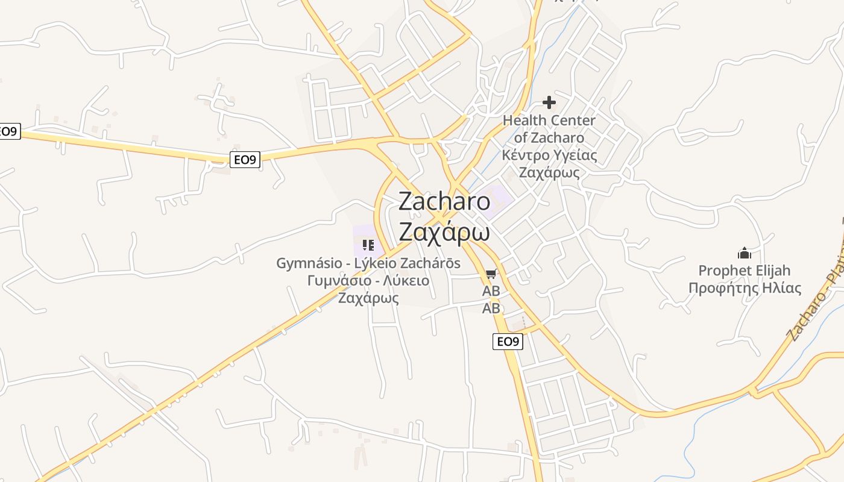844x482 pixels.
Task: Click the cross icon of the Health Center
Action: (549, 102)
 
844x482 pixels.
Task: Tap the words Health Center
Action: (549, 120)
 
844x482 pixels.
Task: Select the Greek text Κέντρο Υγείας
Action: (549, 155)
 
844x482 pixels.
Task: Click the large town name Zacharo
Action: (444, 201)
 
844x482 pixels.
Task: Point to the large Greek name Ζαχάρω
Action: (444, 232)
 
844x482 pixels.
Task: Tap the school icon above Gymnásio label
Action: (368, 245)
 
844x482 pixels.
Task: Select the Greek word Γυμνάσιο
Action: (336, 281)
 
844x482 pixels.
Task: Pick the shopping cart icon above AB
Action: (491, 275)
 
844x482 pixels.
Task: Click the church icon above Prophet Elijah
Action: (745, 252)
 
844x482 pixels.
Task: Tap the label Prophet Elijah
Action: (745, 271)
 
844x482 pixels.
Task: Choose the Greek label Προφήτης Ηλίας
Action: (745, 288)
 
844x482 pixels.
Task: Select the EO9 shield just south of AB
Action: (508, 342)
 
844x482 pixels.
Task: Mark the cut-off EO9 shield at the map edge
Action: (9, 131)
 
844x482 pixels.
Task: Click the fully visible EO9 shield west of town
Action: (245, 160)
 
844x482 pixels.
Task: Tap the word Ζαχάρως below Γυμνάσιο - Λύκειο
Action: (368, 298)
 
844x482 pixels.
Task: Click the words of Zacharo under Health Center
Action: (549, 137)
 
